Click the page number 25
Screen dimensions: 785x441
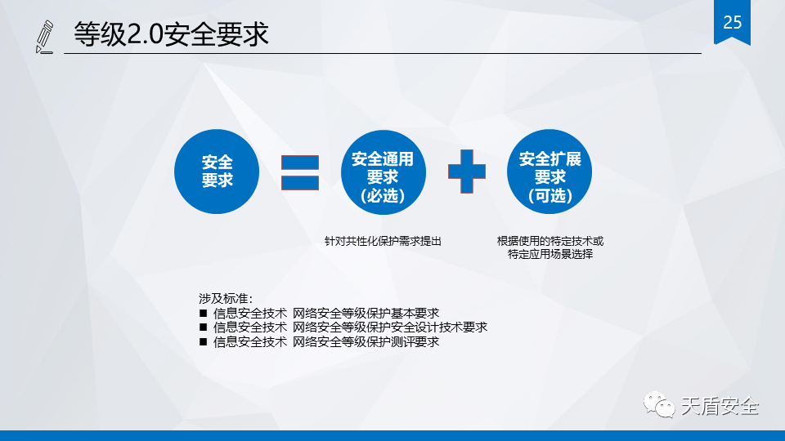tap(732, 22)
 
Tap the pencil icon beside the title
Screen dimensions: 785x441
tap(44, 37)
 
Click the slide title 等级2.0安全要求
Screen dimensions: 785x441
tap(171, 34)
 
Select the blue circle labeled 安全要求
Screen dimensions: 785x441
tap(217, 171)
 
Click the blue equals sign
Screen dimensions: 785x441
tap(300, 172)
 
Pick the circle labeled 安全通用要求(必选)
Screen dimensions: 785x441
tap(383, 172)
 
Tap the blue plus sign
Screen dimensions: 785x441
tap(467, 171)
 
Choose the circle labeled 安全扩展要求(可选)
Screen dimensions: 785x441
tap(549, 171)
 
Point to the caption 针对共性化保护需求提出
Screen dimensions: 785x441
tap(383, 241)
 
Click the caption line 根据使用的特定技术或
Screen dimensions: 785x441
tap(550, 241)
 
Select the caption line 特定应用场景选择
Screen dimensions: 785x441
tap(550, 254)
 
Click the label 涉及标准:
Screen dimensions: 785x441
tap(226, 299)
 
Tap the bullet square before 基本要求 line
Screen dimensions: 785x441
tap(203, 313)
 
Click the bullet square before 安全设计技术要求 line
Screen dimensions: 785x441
tap(203, 327)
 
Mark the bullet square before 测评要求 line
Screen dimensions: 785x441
tap(203, 341)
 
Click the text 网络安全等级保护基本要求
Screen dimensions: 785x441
tap(366, 313)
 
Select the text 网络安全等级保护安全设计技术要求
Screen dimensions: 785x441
tap(390, 327)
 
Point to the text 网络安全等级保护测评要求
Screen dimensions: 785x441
tap(366, 341)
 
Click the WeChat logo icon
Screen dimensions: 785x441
tap(659, 405)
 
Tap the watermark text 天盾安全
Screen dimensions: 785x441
tap(720, 406)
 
